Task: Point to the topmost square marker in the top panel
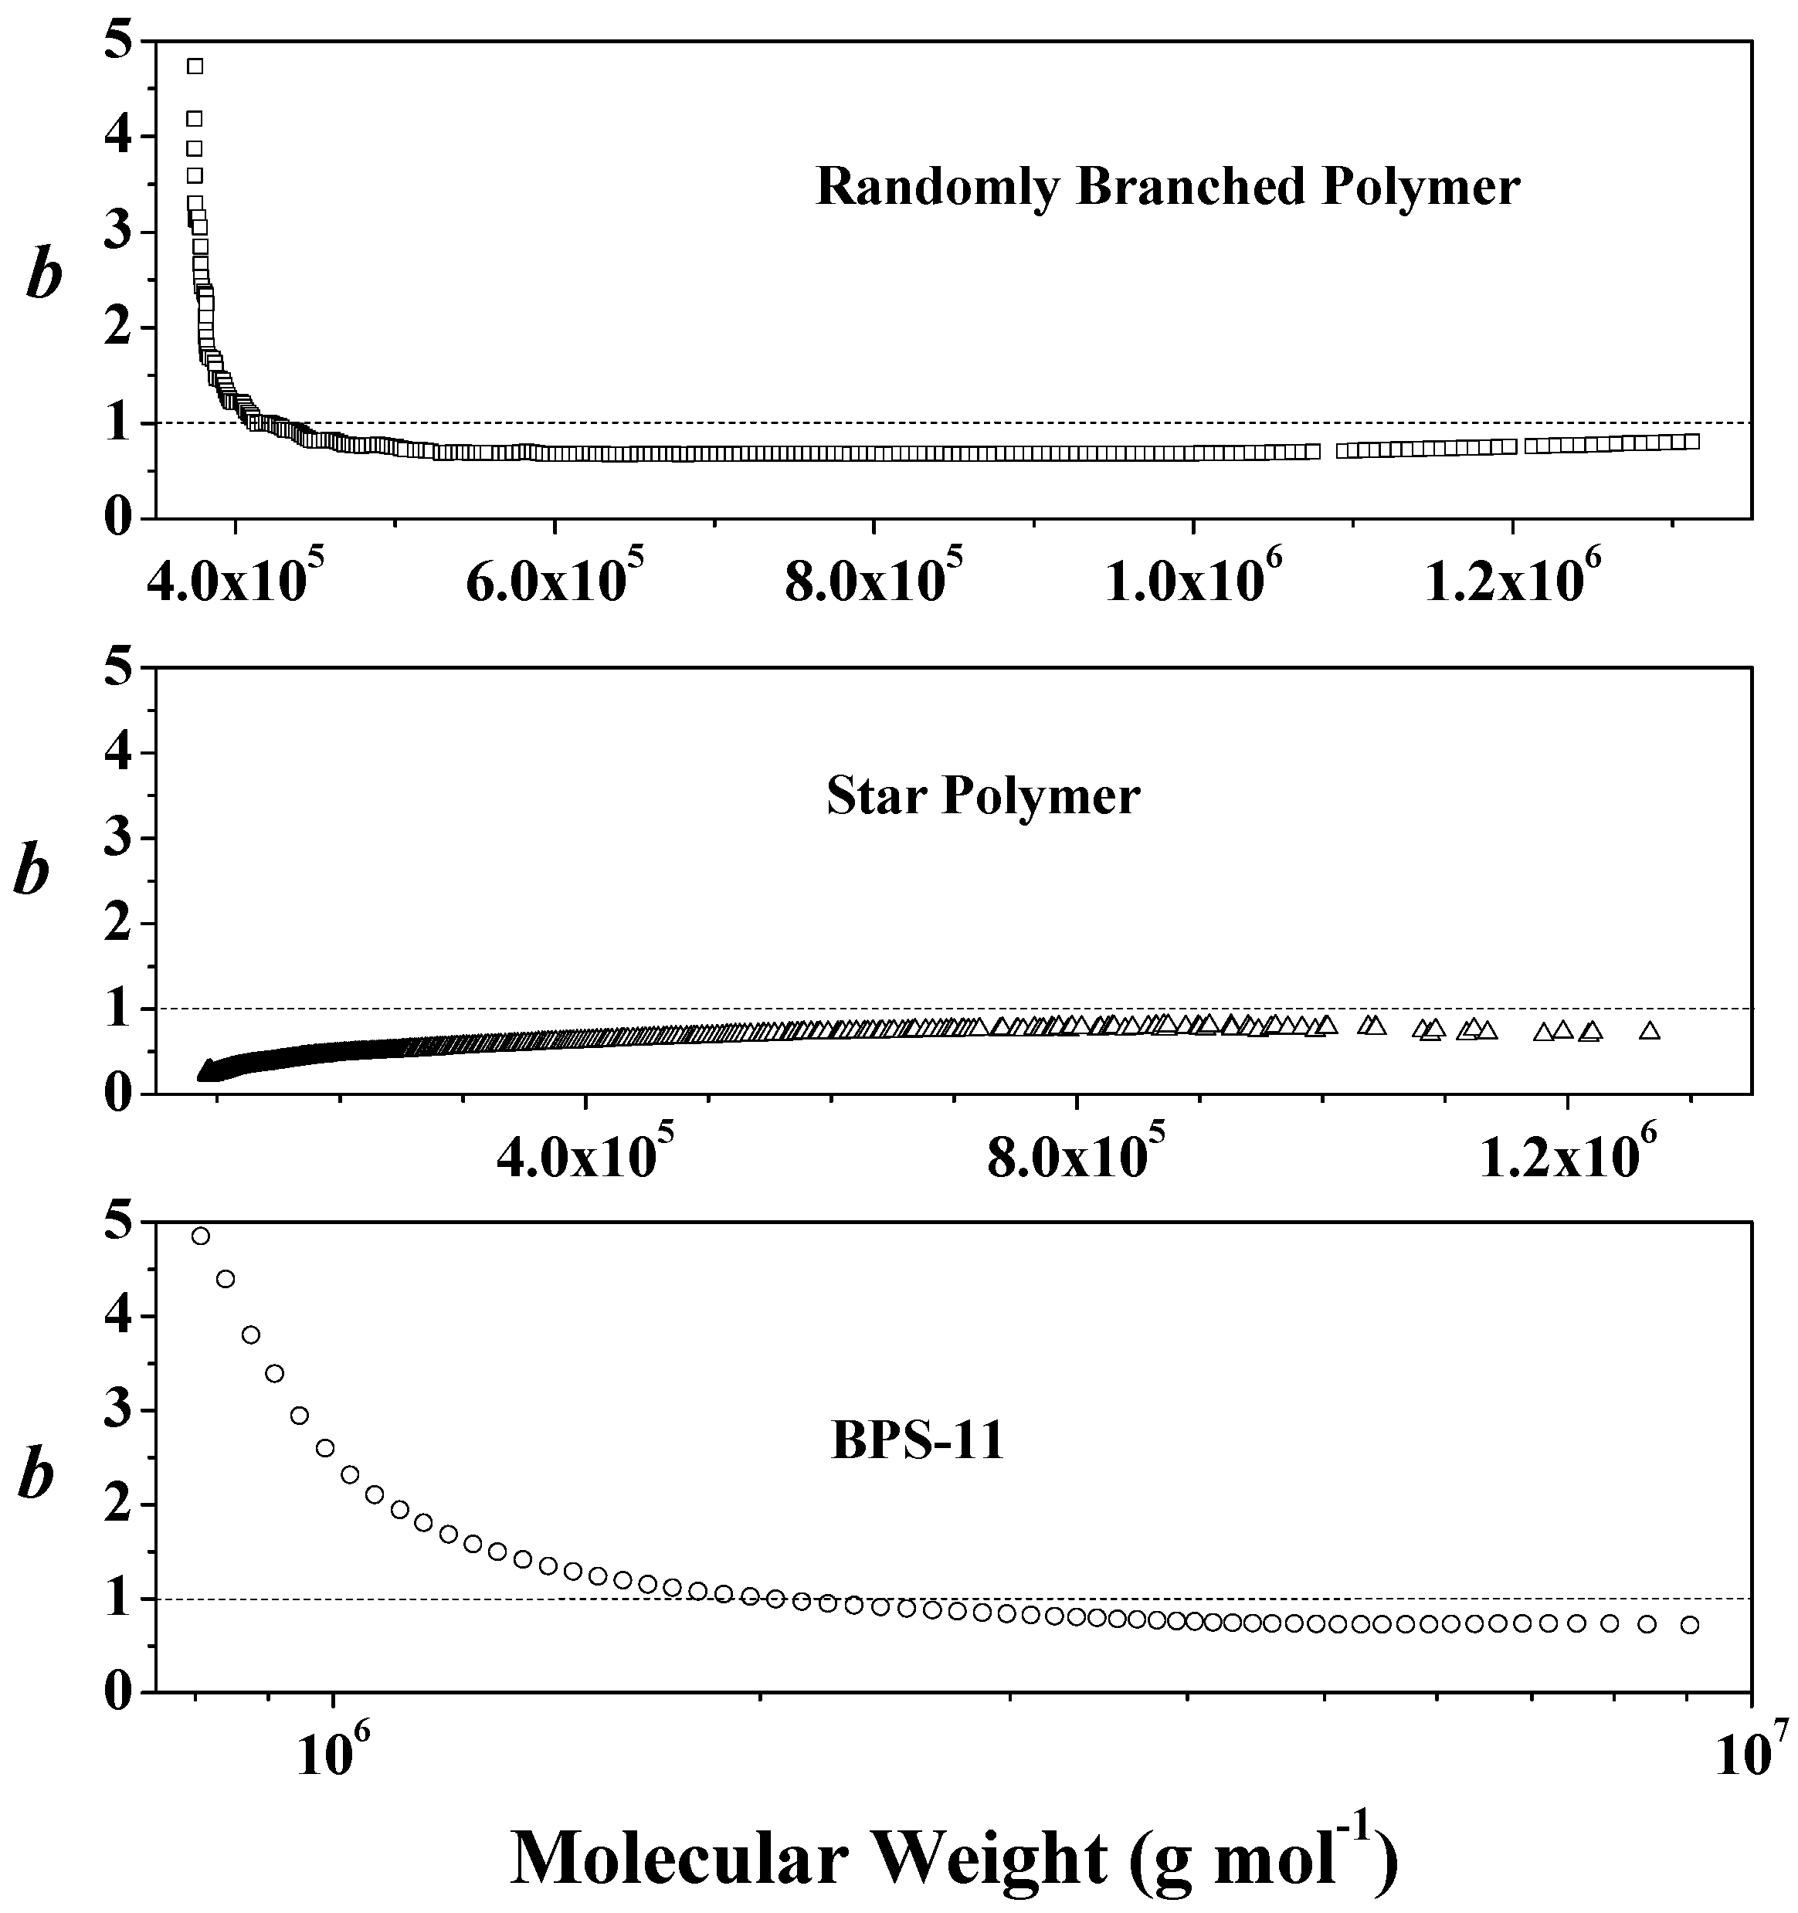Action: pyautogui.click(x=195, y=66)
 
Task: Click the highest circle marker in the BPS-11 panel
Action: pyautogui.click(x=200, y=1236)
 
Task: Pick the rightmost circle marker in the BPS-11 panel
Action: pyautogui.click(x=1690, y=1625)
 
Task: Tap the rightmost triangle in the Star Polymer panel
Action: pyautogui.click(x=1650, y=1030)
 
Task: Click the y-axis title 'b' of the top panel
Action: pyautogui.click(x=44, y=276)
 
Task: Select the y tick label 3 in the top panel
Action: pyautogui.click(x=120, y=233)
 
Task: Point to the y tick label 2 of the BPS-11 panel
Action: pyautogui.click(x=120, y=1505)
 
